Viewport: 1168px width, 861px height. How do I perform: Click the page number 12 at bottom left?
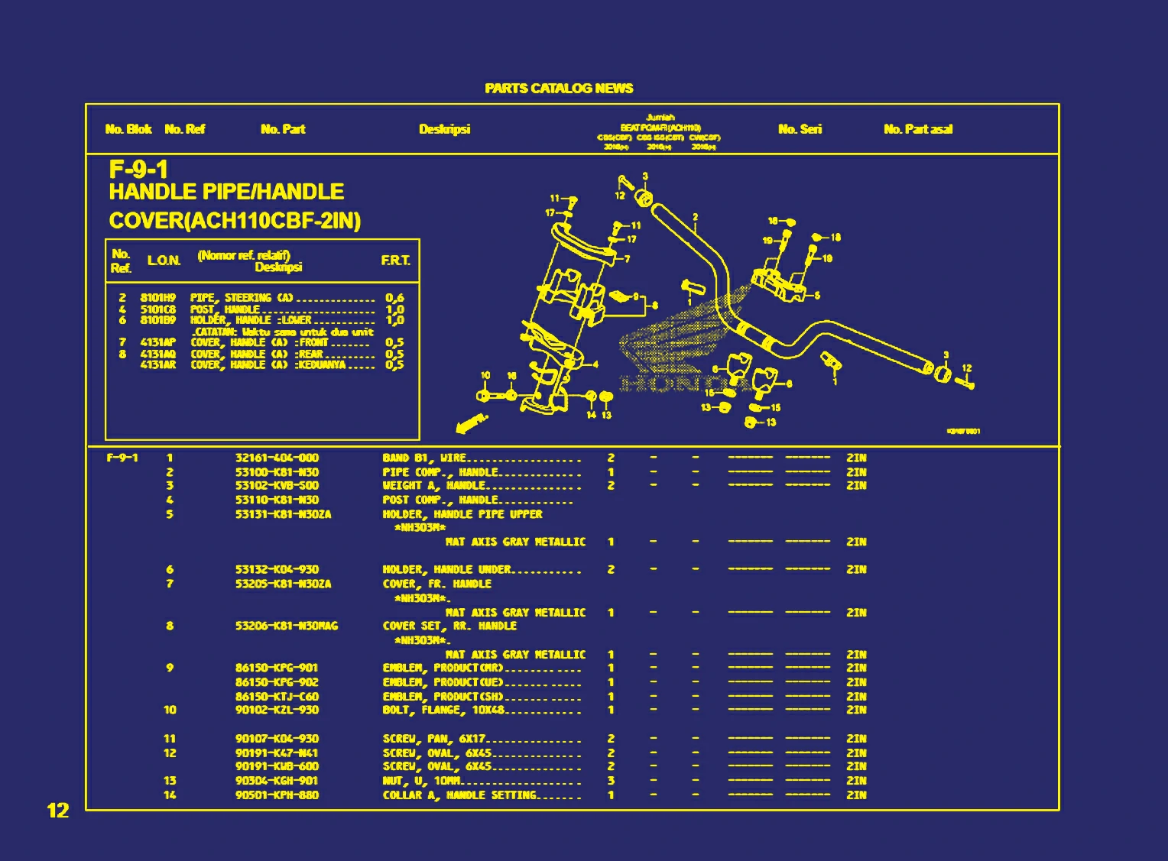tap(58, 811)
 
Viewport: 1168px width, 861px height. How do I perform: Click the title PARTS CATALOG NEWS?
tap(559, 89)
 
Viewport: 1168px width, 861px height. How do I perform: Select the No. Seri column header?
tap(800, 129)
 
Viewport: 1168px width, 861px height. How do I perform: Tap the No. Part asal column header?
tap(918, 129)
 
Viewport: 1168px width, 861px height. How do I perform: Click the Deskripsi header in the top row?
tap(444, 129)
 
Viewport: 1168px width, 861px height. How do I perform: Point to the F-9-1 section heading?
tap(138, 169)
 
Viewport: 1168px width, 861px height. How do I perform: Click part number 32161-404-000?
tap(277, 458)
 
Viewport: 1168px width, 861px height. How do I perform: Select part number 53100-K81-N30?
tap(277, 472)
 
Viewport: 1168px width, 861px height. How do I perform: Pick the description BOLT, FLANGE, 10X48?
tap(444, 710)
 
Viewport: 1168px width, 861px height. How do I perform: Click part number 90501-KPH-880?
tap(277, 795)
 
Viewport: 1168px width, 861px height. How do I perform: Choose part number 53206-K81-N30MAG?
tap(287, 626)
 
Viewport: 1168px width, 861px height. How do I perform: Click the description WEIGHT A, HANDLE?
tap(434, 486)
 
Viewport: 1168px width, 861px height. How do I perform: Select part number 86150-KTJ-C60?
tap(277, 697)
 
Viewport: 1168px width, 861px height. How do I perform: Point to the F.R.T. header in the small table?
tap(395, 261)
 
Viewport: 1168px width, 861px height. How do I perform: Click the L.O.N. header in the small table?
tap(164, 261)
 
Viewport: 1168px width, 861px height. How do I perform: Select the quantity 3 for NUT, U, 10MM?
tap(611, 781)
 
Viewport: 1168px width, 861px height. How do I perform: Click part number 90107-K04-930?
tap(277, 739)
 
